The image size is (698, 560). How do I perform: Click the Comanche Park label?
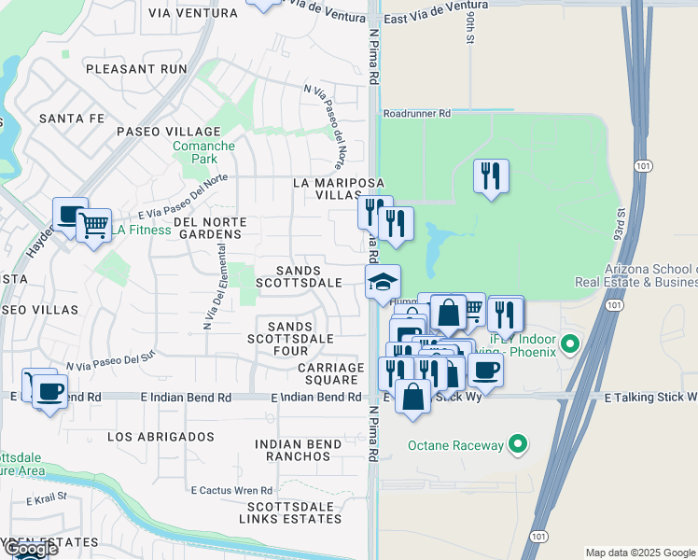194,153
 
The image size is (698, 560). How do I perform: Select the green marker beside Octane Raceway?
521,445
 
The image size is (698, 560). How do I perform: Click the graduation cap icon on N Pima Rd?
383,283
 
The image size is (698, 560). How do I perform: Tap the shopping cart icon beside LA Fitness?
92,225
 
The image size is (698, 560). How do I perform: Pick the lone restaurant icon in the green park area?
491,175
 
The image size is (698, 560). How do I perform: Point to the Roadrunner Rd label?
416,113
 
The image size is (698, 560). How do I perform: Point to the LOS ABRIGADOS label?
161,437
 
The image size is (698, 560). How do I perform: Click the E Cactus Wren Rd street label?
232,490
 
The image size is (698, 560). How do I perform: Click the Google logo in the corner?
30,549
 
